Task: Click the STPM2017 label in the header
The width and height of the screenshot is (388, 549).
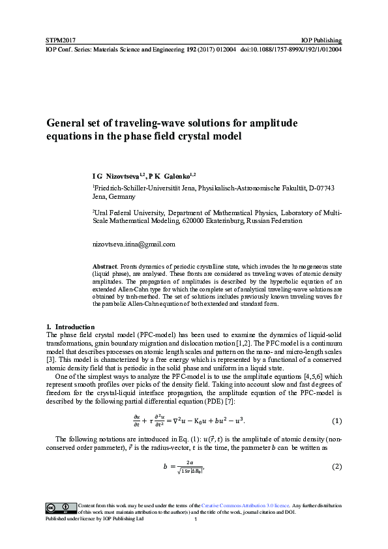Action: pos(58,40)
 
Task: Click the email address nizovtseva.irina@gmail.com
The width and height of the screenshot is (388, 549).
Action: pos(134,244)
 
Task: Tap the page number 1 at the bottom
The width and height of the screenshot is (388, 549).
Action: pos(196,519)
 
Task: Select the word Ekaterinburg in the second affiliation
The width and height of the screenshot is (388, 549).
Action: pos(233,221)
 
